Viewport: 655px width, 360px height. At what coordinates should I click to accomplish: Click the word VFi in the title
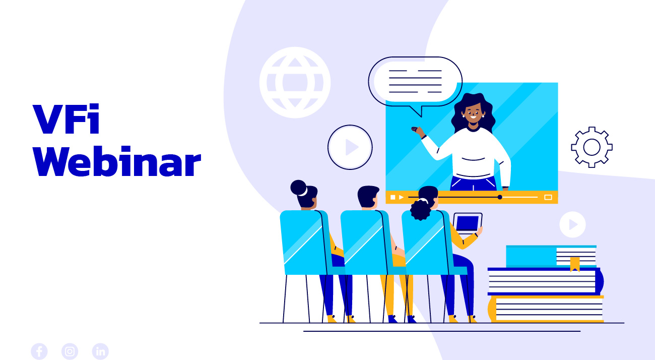(66, 119)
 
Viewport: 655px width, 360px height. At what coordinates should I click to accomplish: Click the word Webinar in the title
(117, 161)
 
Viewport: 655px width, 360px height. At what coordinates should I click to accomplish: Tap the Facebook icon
(39, 351)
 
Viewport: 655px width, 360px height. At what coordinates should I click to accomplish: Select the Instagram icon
(70, 351)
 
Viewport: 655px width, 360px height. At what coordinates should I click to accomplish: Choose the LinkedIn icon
(100, 351)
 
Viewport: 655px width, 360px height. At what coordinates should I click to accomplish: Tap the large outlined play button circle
(350, 147)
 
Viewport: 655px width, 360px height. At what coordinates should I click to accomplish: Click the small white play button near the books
(572, 224)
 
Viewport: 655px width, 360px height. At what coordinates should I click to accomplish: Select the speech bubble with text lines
(415, 83)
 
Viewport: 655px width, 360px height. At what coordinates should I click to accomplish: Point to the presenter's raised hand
(418, 132)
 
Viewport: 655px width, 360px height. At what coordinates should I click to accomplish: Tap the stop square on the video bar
(393, 197)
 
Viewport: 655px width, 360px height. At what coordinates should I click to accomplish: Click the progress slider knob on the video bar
(500, 197)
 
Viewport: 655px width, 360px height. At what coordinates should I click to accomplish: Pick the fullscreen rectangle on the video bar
(548, 197)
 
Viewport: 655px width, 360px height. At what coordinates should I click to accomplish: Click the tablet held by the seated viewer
(468, 223)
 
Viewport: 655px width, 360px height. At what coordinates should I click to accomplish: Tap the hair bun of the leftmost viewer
(298, 188)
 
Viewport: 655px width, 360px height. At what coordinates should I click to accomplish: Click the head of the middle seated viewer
(368, 197)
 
